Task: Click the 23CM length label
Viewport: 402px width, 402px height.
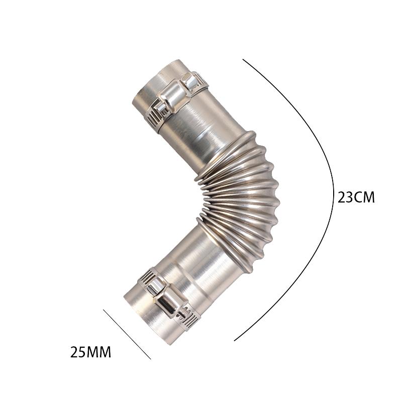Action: (356, 197)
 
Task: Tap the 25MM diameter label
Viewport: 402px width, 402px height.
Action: (90, 352)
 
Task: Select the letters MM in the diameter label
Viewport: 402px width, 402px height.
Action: (100, 352)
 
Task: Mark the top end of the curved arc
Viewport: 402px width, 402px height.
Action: (243, 59)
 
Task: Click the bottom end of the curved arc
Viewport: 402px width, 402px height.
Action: (235, 341)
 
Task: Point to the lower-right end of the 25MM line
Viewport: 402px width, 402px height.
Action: (150, 359)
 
